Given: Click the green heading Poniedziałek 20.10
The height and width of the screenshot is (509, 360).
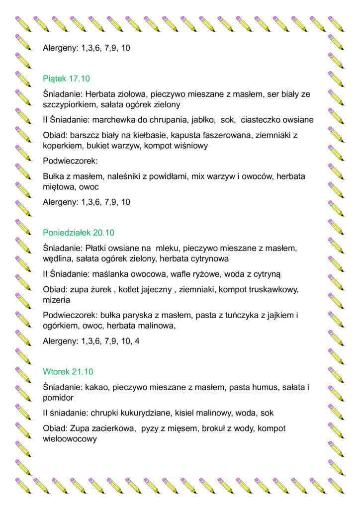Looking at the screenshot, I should [79, 233].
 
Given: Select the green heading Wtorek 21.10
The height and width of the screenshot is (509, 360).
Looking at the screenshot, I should [68, 372].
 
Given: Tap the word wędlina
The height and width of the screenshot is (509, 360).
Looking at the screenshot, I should [58, 258].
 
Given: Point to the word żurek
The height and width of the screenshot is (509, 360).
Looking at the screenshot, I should [104, 289].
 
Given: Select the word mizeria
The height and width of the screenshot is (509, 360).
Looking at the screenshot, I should [56, 300].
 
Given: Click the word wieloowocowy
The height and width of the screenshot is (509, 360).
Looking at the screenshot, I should [70, 439].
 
